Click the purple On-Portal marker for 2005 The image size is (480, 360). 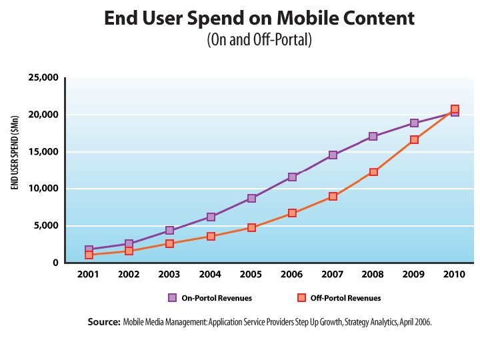251,198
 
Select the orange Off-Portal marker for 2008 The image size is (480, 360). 374,172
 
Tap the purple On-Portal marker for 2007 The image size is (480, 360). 333,155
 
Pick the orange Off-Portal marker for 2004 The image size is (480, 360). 211,236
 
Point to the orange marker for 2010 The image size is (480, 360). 455,109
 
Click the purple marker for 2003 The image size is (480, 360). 170,231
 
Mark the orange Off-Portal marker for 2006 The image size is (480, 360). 293,213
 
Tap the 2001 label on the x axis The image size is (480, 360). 89,274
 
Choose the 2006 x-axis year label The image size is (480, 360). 292,274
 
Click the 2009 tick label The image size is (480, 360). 414,274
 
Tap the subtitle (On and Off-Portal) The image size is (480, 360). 259,40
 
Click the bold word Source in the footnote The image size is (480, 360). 103,322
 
